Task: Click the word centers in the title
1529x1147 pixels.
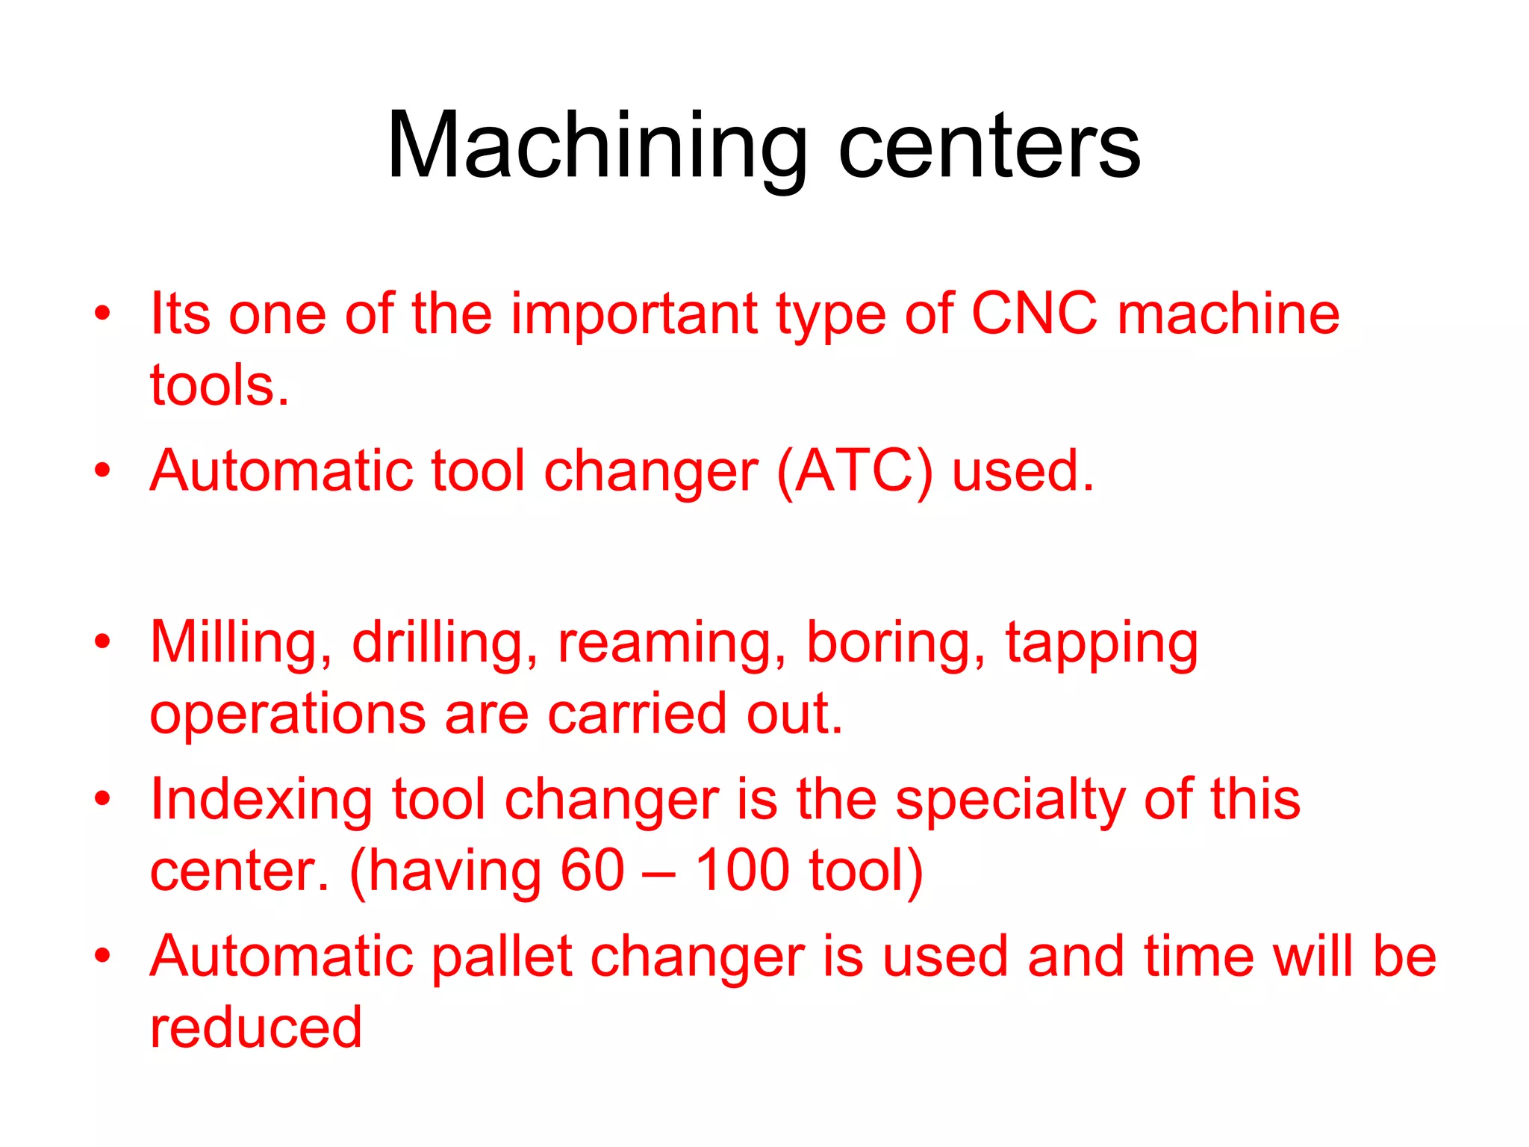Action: (x=989, y=146)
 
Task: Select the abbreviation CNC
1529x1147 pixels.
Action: (x=1034, y=314)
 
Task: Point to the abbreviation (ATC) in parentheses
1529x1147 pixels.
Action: (x=854, y=472)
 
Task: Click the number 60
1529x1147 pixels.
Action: (x=592, y=871)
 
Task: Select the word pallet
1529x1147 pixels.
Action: (x=502, y=957)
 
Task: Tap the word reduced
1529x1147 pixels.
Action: (x=256, y=1028)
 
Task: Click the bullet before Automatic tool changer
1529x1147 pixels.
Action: (x=102, y=470)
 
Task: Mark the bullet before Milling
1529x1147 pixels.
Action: (x=102, y=641)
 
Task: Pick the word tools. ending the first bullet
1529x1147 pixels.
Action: (x=219, y=386)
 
